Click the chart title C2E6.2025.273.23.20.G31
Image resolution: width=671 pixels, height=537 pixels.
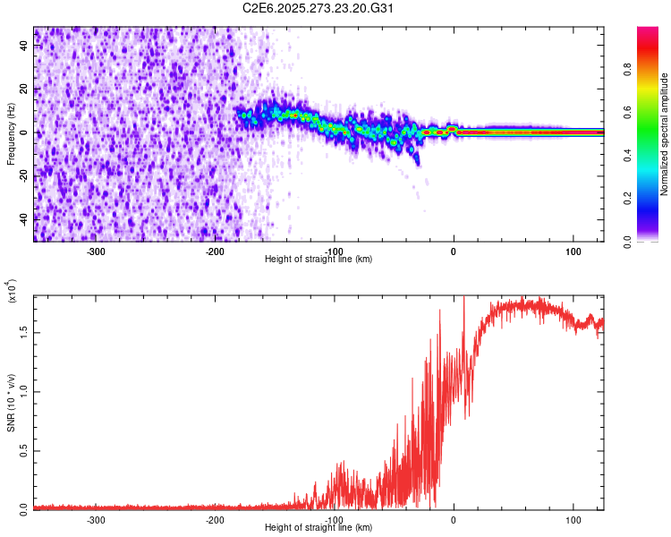pyautogui.click(x=319, y=9)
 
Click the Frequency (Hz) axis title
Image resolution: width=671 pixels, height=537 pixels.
pyautogui.click(x=12, y=133)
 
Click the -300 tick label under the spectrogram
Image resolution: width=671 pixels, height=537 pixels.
pyautogui.click(x=96, y=251)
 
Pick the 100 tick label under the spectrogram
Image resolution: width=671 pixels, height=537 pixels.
pyautogui.click(x=572, y=251)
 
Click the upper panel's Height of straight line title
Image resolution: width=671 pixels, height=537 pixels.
pyautogui.click(x=319, y=260)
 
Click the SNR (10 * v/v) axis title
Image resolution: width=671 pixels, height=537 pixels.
pyautogui.click(x=12, y=402)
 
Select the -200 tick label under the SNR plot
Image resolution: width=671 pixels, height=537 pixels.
pyautogui.click(x=215, y=519)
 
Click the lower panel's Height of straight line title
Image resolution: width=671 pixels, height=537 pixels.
pyautogui.click(x=319, y=528)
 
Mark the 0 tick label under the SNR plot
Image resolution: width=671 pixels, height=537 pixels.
pyautogui.click(x=454, y=519)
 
